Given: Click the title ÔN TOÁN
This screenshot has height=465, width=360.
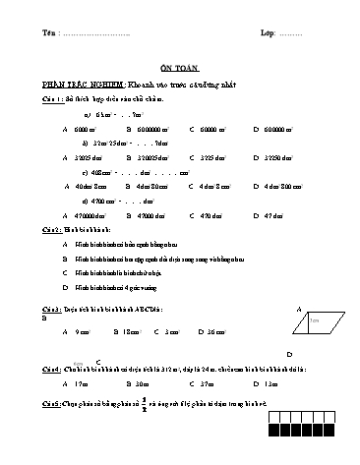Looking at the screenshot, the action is pos(179,68).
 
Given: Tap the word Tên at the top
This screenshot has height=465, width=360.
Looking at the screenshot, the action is pos(50,33).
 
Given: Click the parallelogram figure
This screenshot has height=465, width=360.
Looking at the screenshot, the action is pos(319,321).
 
